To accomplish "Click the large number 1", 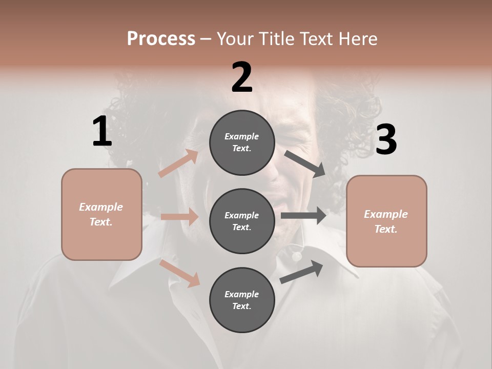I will coord(102,132).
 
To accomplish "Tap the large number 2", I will coord(242,77).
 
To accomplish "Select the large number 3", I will coord(386,140).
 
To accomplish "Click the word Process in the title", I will coord(161,38).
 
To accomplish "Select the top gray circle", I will coord(242,142).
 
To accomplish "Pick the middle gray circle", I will coord(242,221).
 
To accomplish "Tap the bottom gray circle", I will coord(242,300).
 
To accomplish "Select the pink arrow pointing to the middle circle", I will coord(180,217).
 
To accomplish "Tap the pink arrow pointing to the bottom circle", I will coord(180,273).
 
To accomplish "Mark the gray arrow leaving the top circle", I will coord(305,163).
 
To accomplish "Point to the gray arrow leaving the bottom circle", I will coord(302,272).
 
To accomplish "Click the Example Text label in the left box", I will coord(101,214).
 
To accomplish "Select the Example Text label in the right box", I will coord(386,221).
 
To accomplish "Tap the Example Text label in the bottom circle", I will coord(242,300).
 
